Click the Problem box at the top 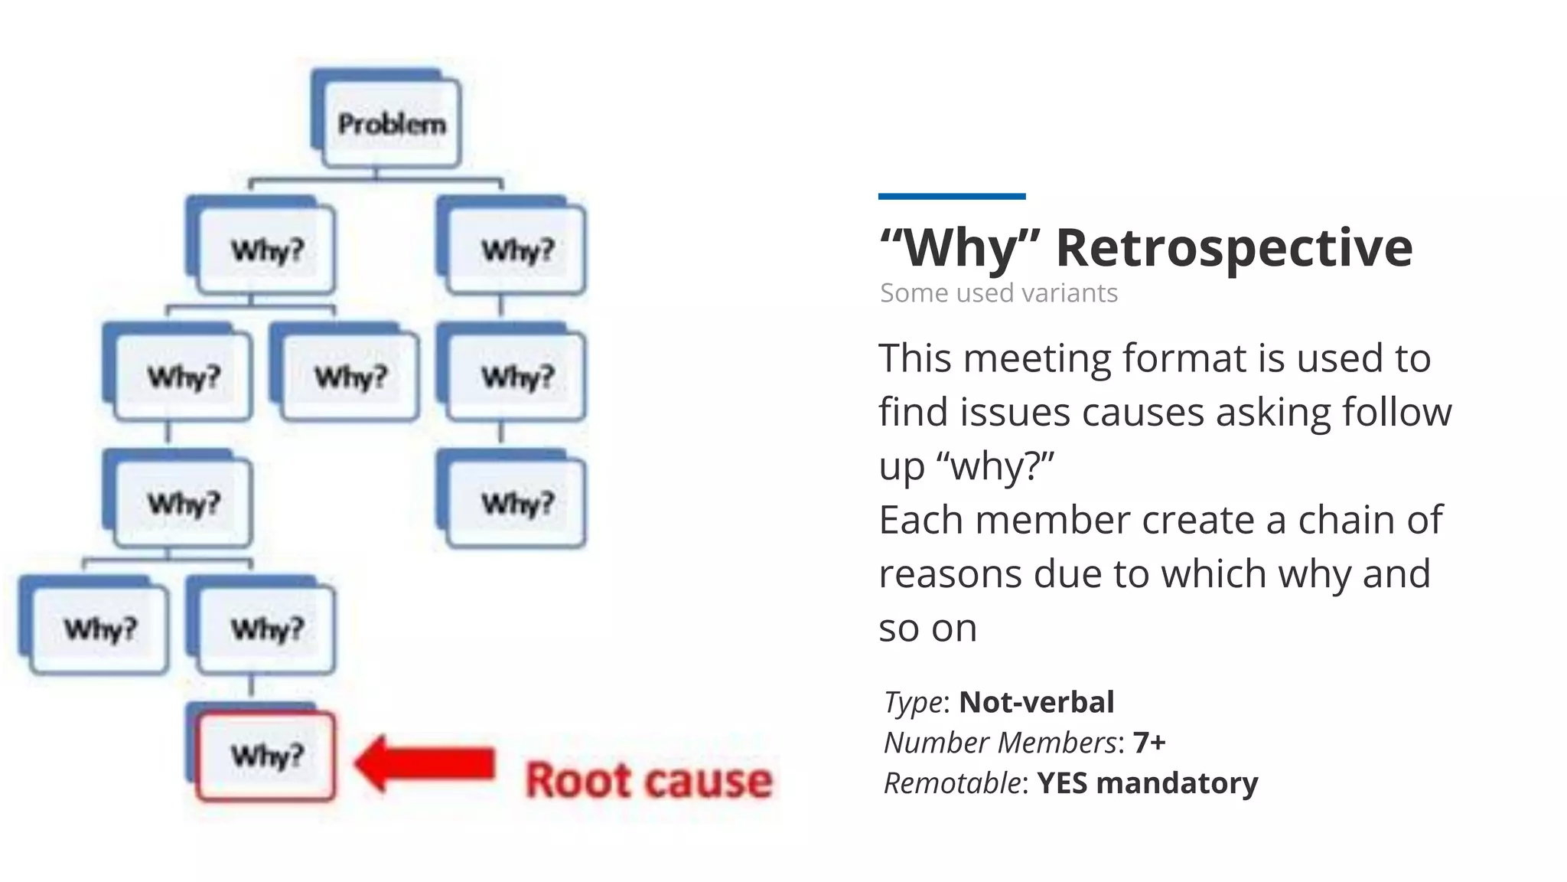pos(391,124)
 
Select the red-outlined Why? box pos(266,756)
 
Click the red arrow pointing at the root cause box pos(425,763)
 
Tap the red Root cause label pos(649,781)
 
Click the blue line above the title pos(951,197)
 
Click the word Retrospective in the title pos(1233,248)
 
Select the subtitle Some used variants pos(999,293)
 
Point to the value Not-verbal pos(1036,702)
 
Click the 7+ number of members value pos(1149,743)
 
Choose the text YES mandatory pos(1147,783)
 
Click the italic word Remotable pos(952,783)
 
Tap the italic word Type pos(913,702)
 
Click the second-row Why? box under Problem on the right pos(516,250)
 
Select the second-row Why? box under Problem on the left pos(266,250)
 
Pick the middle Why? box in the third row pos(350,377)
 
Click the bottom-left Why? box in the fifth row pos(99,629)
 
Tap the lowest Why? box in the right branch pos(516,504)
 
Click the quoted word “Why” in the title pos(961,248)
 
